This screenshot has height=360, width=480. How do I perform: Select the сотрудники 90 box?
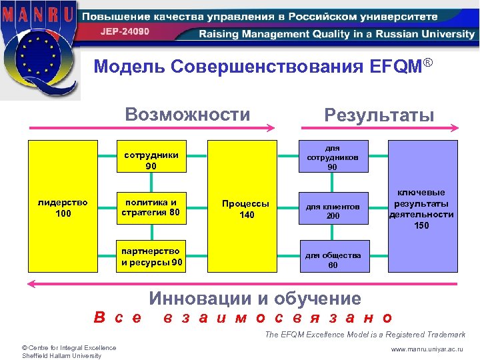coord(151,160)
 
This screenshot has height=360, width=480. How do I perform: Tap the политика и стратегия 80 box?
coord(151,207)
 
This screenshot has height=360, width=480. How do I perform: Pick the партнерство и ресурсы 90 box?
coord(151,256)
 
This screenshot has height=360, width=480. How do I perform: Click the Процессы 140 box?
coord(246,208)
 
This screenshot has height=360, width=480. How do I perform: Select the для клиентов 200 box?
coord(332,211)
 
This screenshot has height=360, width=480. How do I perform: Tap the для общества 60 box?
coord(332,259)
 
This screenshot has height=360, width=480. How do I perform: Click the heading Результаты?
coord(379,115)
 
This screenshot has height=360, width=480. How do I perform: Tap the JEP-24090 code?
coord(125,31)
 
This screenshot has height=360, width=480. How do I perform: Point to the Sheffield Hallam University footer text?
coord(61,355)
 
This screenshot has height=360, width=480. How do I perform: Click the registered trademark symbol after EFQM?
coord(429,63)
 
